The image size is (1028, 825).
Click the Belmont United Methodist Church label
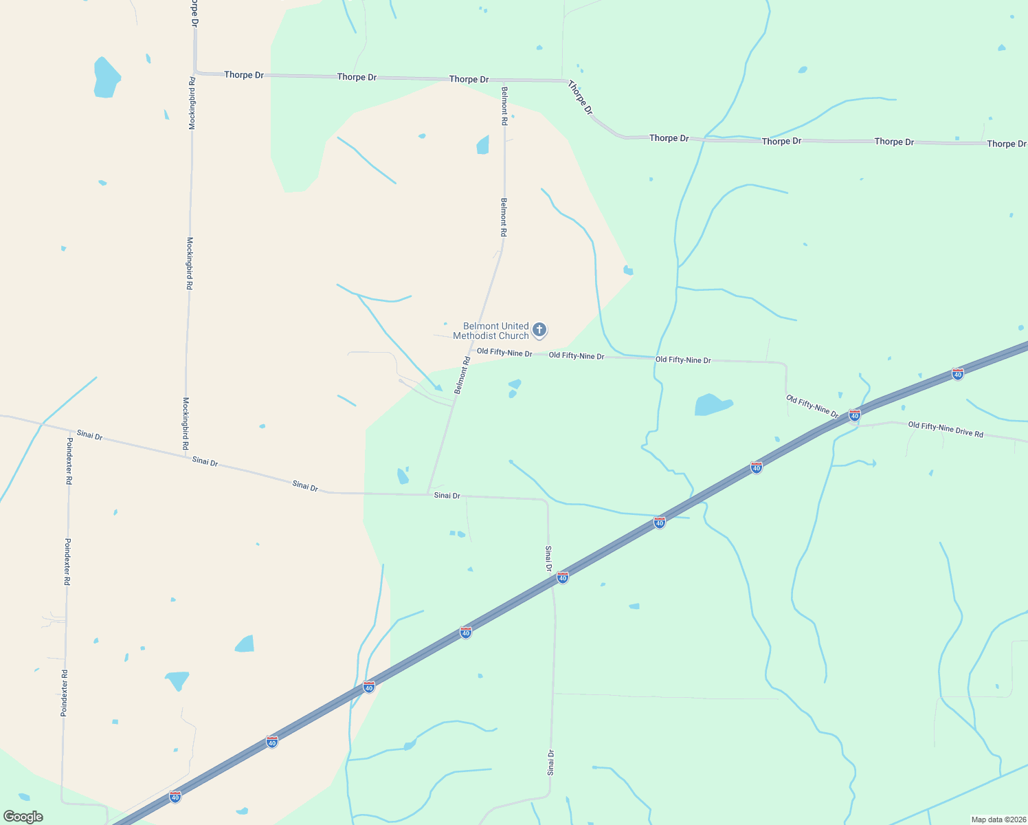491,331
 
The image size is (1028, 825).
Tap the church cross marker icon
539,330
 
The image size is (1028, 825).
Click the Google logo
23,817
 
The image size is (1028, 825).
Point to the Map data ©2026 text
997,819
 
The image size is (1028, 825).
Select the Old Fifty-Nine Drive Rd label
946,430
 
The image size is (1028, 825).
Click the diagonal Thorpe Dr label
580,97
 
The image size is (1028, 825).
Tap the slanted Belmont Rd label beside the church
462,375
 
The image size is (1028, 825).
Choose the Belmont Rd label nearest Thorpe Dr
504,106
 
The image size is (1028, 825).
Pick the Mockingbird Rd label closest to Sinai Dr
186,423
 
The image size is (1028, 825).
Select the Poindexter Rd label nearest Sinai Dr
69,461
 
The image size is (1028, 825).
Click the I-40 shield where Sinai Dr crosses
563,577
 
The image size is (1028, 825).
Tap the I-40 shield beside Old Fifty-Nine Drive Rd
854,415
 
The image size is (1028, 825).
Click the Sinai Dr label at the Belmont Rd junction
447,496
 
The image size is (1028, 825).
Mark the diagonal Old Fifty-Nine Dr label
812,406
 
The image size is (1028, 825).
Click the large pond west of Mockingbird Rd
107,77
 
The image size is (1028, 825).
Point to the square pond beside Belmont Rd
483,145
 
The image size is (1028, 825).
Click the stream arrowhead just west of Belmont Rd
438,388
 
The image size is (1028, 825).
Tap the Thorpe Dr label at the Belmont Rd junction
469,79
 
